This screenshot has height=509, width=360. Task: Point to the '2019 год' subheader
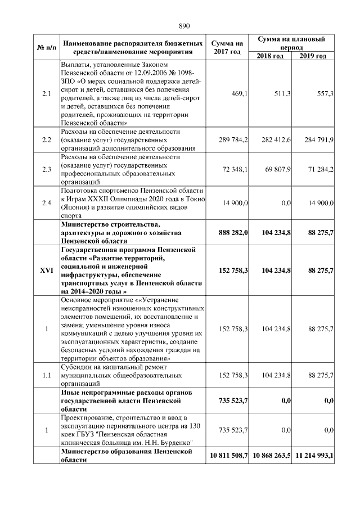coord(313,56)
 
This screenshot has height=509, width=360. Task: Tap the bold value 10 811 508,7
coord(228,454)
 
